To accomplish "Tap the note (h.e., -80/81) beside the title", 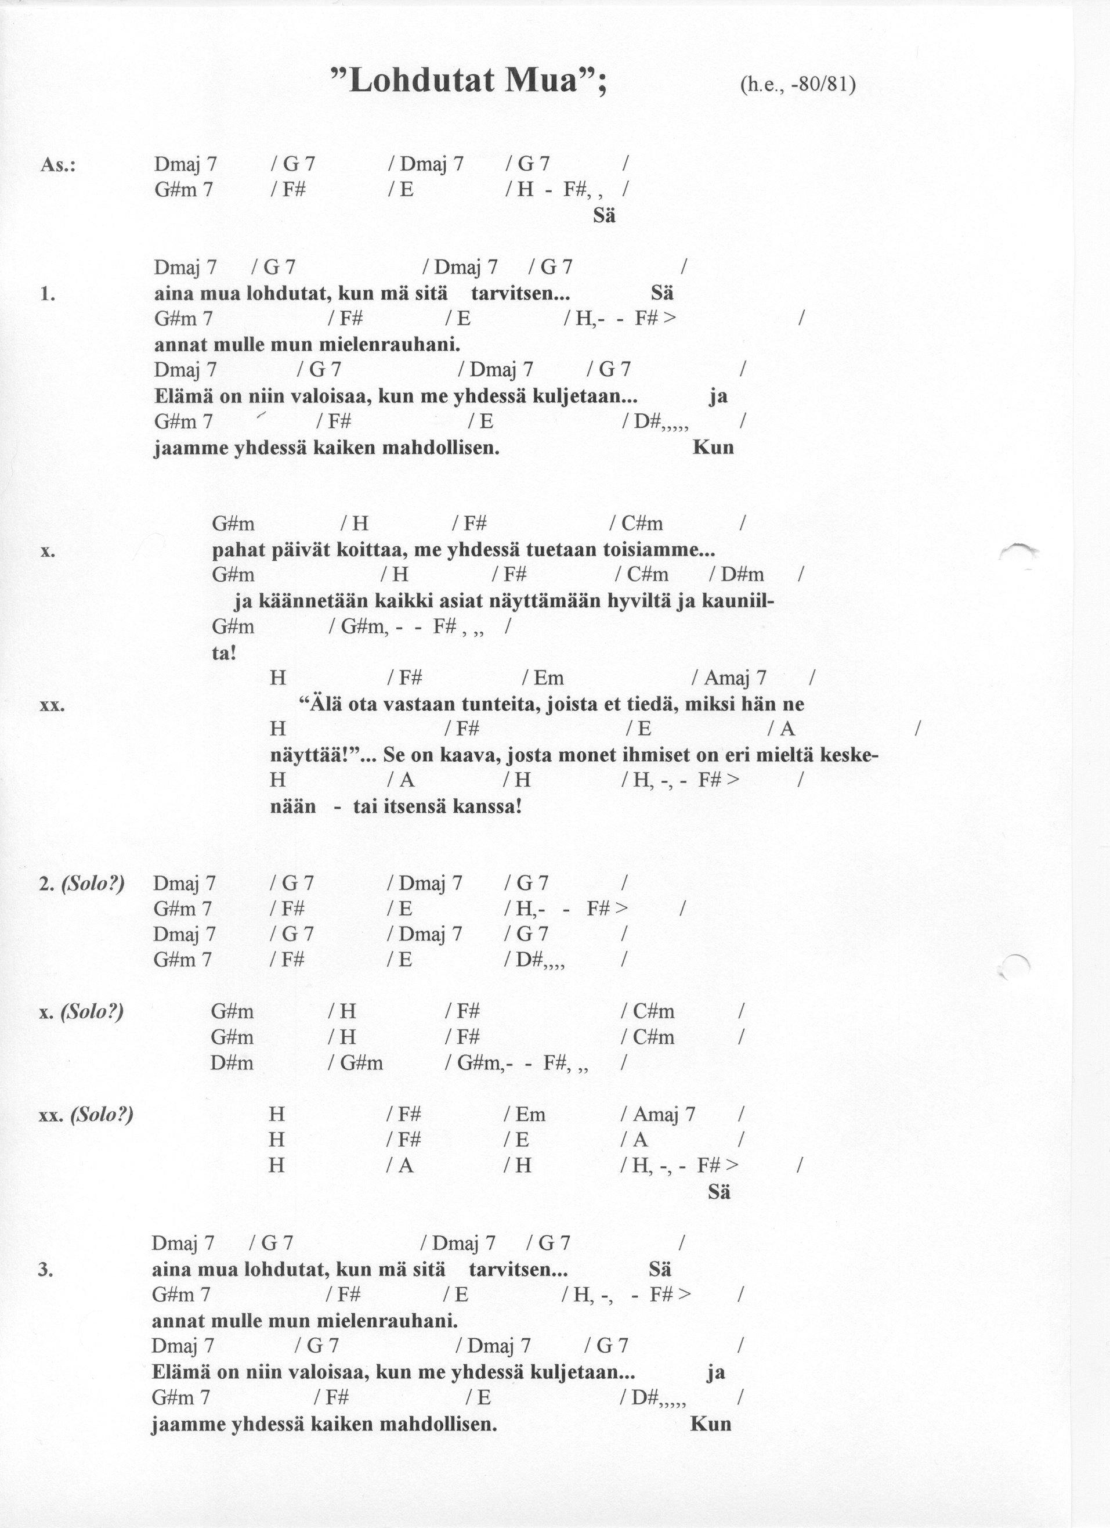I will click(797, 85).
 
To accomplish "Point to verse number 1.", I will click(47, 294).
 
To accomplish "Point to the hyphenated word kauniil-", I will click(738, 601).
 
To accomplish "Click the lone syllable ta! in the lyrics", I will click(223, 653).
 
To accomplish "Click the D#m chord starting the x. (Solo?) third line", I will click(232, 1063).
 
